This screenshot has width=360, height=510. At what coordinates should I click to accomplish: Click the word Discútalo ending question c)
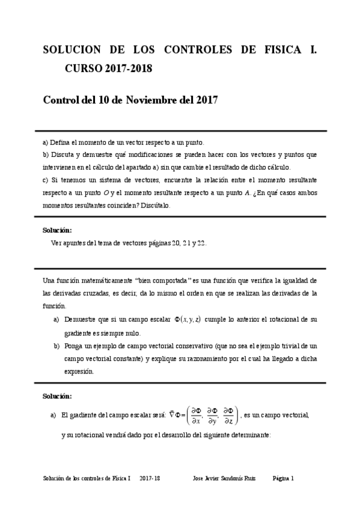pyautogui.click(x=154, y=205)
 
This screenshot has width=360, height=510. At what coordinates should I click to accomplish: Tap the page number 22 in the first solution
pyautogui.click(x=201, y=243)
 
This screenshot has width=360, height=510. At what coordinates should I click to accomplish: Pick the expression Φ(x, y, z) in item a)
pyautogui.click(x=187, y=319)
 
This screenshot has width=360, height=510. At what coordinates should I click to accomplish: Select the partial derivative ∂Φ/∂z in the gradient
pyautogui.click(x=229, y=416)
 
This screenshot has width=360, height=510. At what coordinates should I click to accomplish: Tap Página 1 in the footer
pyautogui.click(x=283, y=479)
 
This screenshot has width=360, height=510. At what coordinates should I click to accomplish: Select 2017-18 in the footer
pyautogui.click(x=150, y=479)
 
